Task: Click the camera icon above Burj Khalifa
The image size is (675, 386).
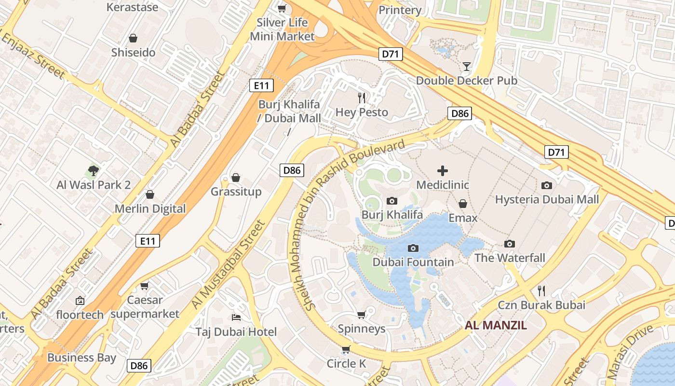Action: click(x=392, y=201)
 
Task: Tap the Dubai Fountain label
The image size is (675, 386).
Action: click(x=413, y=262)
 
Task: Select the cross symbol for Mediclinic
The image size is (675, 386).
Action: click(x=442, y=170)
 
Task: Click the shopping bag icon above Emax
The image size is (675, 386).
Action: click(x=463, y=204)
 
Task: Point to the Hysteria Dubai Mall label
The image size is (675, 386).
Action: click(x=547, y=199)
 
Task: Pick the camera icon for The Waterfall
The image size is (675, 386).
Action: click(x=510, y=244)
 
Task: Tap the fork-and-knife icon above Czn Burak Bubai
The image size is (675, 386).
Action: click(x=541, y=290)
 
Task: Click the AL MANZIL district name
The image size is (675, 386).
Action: click(x=496, y=325)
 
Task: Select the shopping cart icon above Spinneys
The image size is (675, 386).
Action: click(x=361, y=315)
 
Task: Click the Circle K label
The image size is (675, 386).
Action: click(x=346, y=363)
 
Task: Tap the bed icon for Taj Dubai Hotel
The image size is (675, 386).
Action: click(x=236, y=317)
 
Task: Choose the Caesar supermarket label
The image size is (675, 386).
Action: click(x=145, y=307)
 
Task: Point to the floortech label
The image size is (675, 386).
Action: click(x=80, y=315)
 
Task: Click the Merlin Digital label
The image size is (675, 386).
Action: click(x=150, y=208)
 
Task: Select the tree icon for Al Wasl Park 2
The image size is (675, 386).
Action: click(x=94, y=170)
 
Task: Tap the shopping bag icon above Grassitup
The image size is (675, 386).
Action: click(x=236, y=178)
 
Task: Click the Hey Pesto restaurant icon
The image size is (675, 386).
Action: click(x=362, y=98)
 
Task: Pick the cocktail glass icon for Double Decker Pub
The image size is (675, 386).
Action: click(x=467, y=66)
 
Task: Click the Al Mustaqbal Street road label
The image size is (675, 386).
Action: click(x=229, y=264)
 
